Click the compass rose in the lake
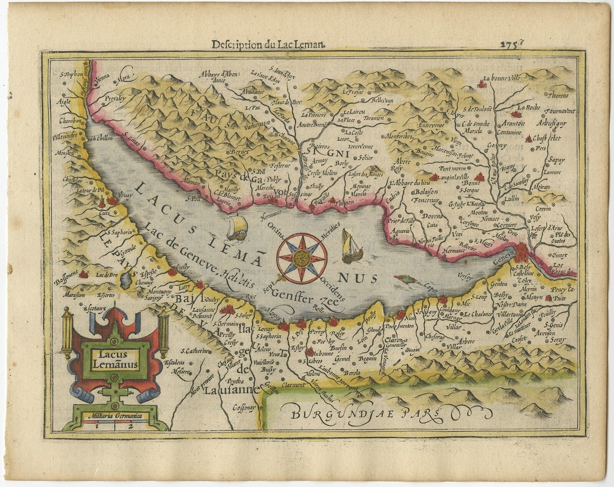coord(301,258)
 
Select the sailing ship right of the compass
coord(351,247)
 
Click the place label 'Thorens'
coord(560,95)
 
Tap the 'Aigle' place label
coord(64,101)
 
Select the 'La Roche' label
coord(529,107)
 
